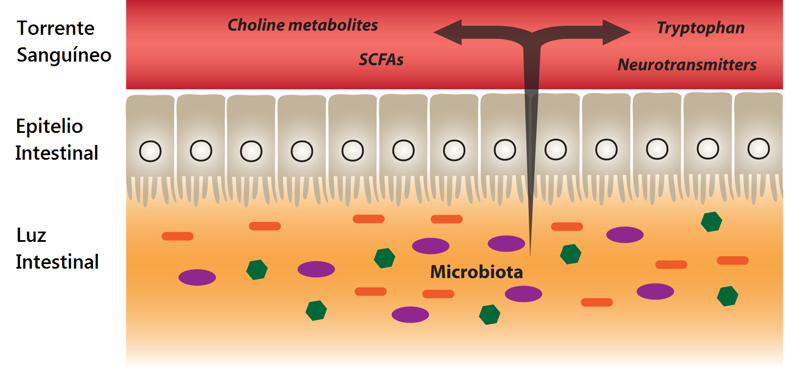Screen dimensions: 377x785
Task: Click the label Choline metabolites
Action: (302, 26)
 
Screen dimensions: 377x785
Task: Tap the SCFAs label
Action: (381, 60)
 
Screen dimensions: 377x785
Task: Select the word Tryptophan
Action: (701, 28)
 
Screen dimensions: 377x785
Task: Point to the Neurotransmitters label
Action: (687, 65)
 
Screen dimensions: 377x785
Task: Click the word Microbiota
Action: (476, 272)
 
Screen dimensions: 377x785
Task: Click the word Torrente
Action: (55, 28)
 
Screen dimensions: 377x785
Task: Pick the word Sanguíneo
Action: (63, 55)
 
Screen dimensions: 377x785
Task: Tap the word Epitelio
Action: (50, 126)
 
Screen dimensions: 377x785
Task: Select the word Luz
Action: (31, 235)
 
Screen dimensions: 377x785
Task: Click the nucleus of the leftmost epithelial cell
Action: (151, 151)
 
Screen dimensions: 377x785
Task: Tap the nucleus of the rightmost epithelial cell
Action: (758, 147)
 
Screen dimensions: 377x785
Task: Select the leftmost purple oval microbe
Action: (197, 277)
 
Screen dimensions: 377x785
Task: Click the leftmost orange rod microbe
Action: (177, 236)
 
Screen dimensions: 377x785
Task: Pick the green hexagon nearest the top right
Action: (711, 221)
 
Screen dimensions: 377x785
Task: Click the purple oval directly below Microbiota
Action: (523, 294)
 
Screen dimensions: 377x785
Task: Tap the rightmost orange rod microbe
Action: (733, 261)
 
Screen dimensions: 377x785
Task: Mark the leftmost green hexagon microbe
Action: (257, 269)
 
